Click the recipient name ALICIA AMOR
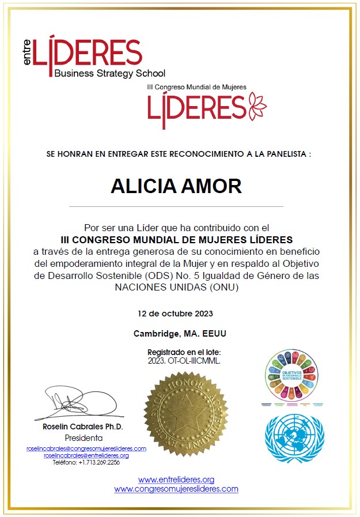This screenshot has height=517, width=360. click(x=176, y=186)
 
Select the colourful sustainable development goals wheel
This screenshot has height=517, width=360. click(x=291, y=376)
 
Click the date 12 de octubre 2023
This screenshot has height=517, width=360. click(x=176, y=314)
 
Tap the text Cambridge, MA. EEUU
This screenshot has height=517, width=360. click(x=176, y=334)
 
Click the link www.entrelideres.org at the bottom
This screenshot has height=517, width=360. click(x=176, y=480)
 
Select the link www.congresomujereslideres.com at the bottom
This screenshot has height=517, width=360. click(x=176, y=489)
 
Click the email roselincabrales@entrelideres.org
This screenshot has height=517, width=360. click(x=86, y=455)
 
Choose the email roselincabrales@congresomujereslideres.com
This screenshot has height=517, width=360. click(x=86, y=448)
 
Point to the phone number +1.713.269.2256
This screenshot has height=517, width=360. click(x=86, y=462)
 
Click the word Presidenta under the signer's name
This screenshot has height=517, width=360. click(x=83, y=437)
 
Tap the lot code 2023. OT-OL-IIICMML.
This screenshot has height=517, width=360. click(x=184, y=360)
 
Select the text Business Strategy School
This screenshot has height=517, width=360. click(x=109, y=73)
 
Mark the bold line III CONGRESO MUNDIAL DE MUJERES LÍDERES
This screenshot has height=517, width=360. click(x=177, y=239)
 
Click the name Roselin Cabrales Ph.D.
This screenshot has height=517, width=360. click(x=83, y=427)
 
